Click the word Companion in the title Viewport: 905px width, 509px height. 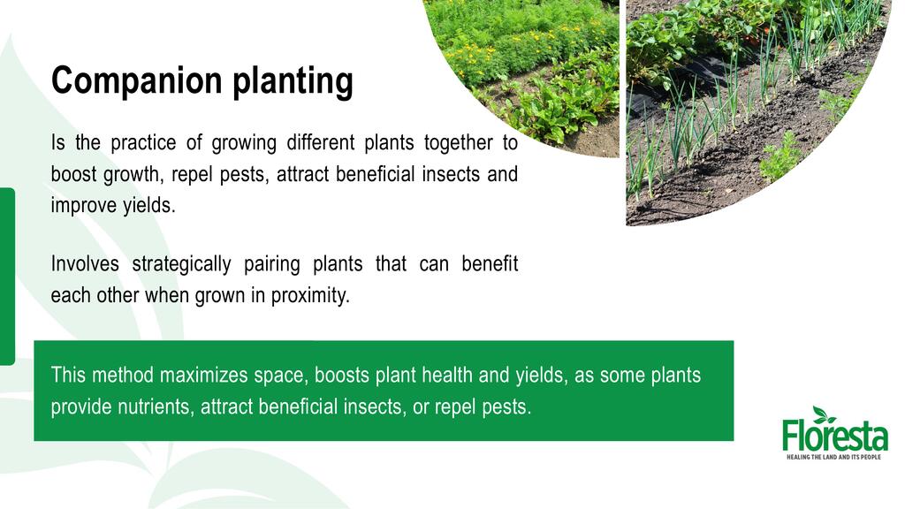[x=137, y=80]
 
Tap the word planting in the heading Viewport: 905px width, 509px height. [x=293, y=80]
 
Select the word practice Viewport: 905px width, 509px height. [x=143, y=143]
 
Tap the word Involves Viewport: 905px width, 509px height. [x=85, y=263]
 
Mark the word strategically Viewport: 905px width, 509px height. [x=181, y=264]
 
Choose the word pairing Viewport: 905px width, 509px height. [x=272, y=264]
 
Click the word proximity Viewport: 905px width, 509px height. [x=310, y=295]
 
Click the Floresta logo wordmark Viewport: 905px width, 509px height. [x=834, y=437]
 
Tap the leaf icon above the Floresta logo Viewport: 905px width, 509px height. [x=823, y=414]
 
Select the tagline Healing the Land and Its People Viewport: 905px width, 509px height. [x=834, y=457]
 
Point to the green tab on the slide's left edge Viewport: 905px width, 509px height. [x=7, y=277]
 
